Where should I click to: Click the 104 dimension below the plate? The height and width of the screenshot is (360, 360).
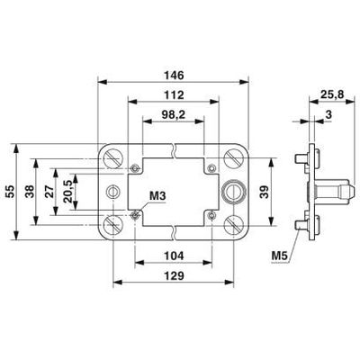click(x=171, y=256)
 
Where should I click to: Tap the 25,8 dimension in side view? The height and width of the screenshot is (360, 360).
click(x=328, y=93)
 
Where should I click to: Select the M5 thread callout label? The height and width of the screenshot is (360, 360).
click(x=281, y=256)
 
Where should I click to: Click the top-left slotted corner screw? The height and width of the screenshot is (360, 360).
click(x=112, y=158)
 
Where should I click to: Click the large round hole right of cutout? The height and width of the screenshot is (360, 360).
click(x=234, y=191)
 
